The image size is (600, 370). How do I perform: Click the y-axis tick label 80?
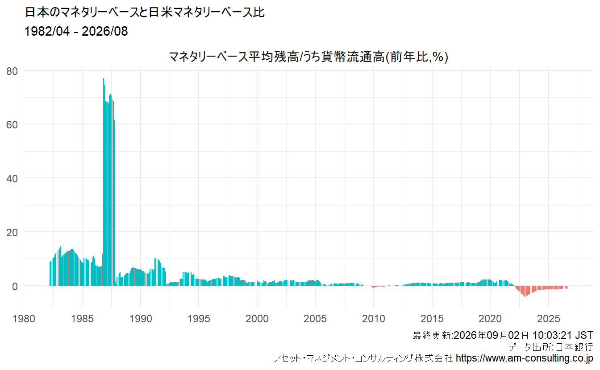pyautogui.click(x=12, y=71)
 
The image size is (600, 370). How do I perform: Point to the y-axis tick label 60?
pyautogui.click(x=12, y=125)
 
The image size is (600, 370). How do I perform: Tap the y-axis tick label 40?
pyautogui.click(x=12, y=179)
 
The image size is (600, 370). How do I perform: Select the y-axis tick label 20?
pyautogui.click(x=12, y=233)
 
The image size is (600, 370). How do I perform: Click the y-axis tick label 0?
pyautogui.click(x=15, y=287)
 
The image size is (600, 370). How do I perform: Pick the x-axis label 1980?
pyautogui.click(x=24, y=319)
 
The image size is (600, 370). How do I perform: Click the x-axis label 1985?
pyautogui.click(x=82, y=319)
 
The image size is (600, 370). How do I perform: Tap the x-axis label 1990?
pyautogui.click(x=141, y=319)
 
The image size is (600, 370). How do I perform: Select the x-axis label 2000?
pyautogui.click(x=257, y=319)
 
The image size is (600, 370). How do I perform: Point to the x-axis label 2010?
pyautogui.click(x=373, y=319)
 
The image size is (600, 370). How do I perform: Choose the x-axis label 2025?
pyautogui.click(x=549, y=319)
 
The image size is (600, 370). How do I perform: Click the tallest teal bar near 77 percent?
pyautogui.click(x=104, y=182)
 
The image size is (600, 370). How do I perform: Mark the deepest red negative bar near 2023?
pyautogui.click(x=524, y=292)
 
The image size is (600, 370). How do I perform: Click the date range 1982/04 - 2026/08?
pyautogui.click(x=76, y=31)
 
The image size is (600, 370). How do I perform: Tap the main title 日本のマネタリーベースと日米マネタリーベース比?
pyautogui.click(x=145, y=12)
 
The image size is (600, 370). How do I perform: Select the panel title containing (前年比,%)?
pyautogui.click(x=308, y=57)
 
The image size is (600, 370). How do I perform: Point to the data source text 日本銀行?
pyautogui.click(x=574, y=347)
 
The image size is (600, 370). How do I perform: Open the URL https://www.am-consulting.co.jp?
pyautogui.click(x=525, y=358)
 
